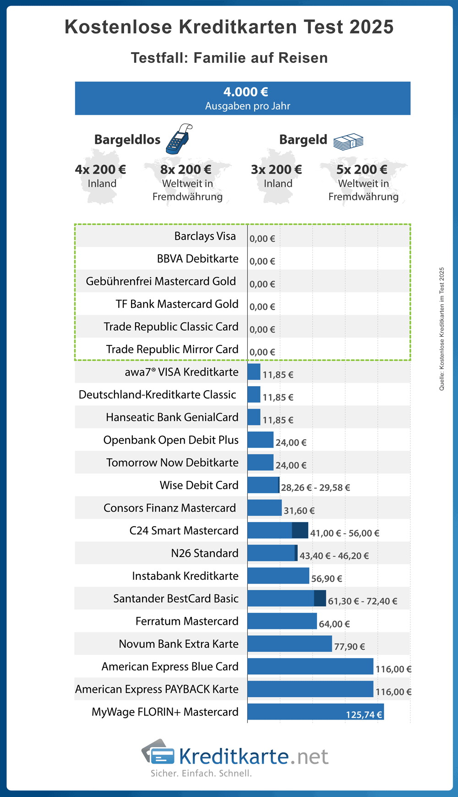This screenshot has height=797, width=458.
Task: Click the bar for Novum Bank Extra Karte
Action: [x=289, y=644]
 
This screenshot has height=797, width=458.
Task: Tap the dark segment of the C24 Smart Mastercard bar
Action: [x=300, y=530]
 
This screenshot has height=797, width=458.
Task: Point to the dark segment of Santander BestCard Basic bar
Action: [x=320, y=598]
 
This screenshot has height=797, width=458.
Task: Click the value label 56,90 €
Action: [x=327, y=579]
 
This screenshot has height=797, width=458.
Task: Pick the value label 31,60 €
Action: [x=299, y=510]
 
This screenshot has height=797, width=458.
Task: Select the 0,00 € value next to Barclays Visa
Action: [x=262, y=239]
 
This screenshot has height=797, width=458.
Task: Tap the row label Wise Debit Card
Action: [x=199, y=485]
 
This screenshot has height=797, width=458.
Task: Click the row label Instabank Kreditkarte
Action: [x=185, y=576]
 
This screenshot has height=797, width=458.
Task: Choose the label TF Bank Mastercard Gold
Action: [x=177, y=304]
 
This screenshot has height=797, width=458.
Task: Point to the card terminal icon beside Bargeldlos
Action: [x=179, y=139]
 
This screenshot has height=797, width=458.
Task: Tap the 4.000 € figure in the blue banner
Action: [x=245, y=92]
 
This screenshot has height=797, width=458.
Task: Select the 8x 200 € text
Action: [x=185, y=169]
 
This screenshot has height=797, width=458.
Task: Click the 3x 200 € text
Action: [x=276, y=169]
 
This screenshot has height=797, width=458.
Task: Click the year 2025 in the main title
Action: [x=371, y=27]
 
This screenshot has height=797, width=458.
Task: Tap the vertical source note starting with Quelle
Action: [x=442, y=329]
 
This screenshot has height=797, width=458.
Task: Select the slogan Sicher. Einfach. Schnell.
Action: [x=201, y=774]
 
